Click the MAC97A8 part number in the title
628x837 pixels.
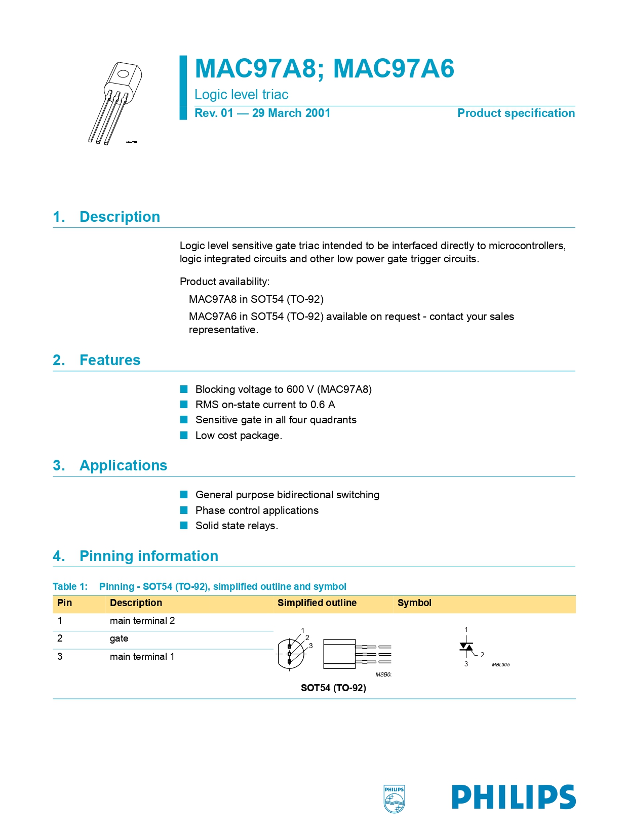pos(255,68)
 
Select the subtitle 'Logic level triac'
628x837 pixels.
pos(241,95)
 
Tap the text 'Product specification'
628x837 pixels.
pos(516,113)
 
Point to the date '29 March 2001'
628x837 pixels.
pos(291,113)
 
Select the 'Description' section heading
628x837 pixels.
pos(120,217)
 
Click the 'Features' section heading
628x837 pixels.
pos(110,360)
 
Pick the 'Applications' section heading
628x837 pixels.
pos(123,465)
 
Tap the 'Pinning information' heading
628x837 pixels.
pos(149,556)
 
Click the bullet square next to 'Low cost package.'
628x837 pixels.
pos(184,435)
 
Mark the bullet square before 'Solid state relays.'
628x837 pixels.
pos(184,526)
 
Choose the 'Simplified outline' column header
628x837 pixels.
pos(317,603)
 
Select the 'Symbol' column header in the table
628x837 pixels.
pos(414,603)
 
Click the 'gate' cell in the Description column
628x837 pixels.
pos(119,639)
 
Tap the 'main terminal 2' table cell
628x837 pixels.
pos(142,621)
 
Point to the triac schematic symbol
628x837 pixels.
pos(467,648)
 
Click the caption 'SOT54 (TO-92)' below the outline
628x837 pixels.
pos(333,688)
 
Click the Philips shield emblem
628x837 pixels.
pos(394,799)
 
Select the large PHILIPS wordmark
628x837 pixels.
pos(514,797)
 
